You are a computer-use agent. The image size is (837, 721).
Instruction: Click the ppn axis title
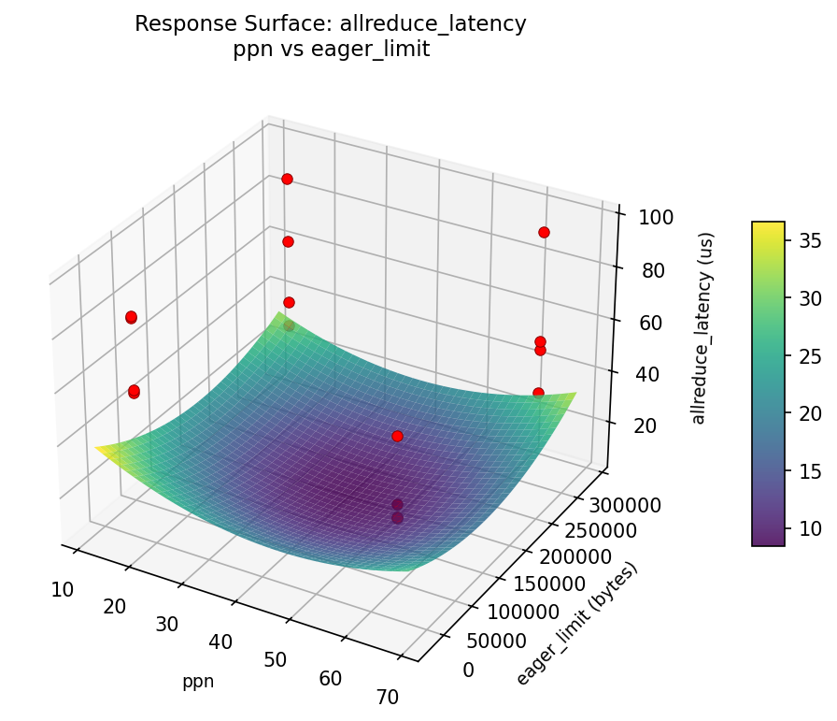[x=198, y=682]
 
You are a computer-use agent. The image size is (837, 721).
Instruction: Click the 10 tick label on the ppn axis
[x=63, y=589]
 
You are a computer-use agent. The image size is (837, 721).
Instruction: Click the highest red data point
[x=287, y=179]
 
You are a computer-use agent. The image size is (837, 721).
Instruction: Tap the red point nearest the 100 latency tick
[x=544, y=232]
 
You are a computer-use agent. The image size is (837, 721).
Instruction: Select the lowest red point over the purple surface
[x=397, y=517]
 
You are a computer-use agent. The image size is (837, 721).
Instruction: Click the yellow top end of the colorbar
[x=768, y=225]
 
